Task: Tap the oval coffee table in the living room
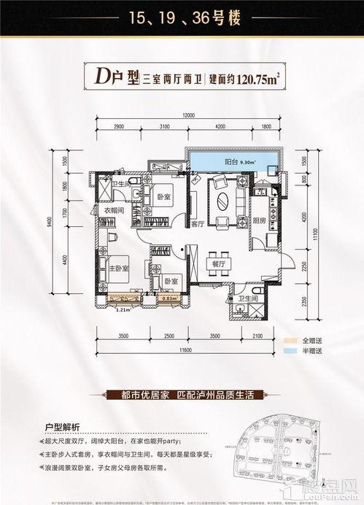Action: tap(222, 200)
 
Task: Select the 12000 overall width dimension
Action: tap(190, 116)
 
